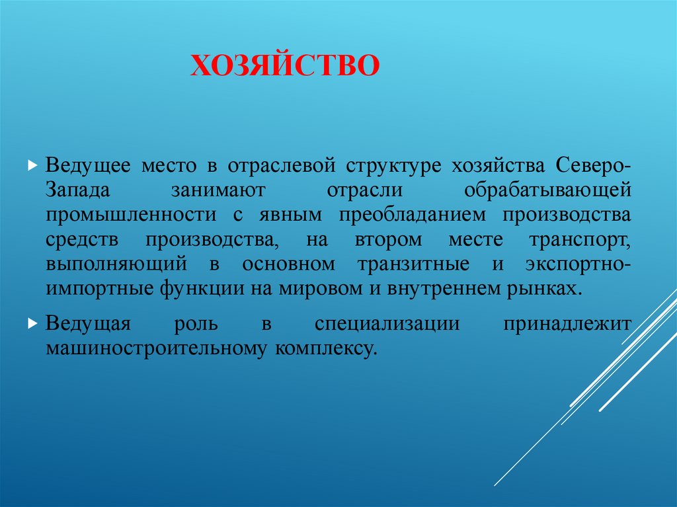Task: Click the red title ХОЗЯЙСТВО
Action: (285, 66)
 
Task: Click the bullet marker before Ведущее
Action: (31, 165)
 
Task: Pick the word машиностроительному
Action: (156, 348)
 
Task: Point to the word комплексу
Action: (325, 348)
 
